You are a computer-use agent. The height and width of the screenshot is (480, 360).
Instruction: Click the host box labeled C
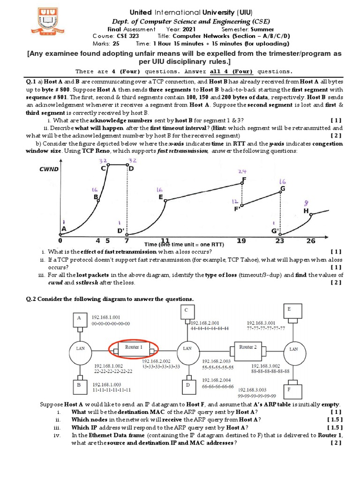186,311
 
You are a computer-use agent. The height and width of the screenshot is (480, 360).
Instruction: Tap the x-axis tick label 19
241,240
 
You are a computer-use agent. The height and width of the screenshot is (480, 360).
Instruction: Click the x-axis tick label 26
311,240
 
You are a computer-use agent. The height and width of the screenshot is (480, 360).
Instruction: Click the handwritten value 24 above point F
242,171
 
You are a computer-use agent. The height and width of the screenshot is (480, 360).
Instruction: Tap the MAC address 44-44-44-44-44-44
209,329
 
